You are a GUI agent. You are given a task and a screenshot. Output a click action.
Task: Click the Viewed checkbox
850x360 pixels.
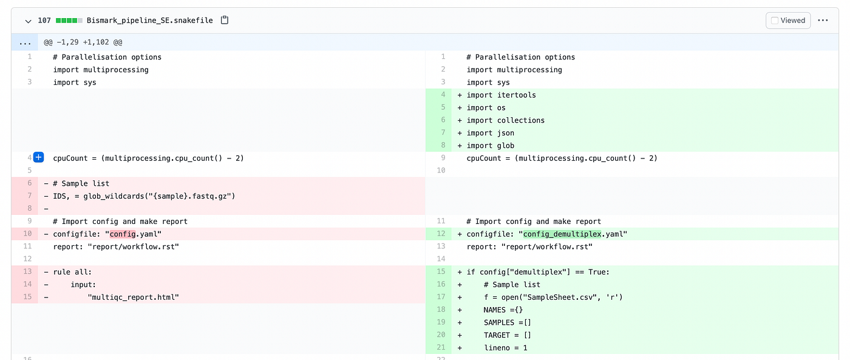tap(775, 21)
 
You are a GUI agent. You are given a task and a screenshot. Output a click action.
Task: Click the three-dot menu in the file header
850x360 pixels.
tap(823, 21)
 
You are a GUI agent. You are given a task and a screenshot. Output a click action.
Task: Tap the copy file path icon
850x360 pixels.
tap(225, 20)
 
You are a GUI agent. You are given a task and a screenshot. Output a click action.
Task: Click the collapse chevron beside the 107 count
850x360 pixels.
tap(28, 21)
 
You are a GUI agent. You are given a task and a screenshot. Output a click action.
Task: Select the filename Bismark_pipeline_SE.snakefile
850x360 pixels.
tap(150, 21)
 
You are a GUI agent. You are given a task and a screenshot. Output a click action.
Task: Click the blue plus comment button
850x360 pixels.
tap(39, 157)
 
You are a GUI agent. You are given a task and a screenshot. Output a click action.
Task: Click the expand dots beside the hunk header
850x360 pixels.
tap(25, 42)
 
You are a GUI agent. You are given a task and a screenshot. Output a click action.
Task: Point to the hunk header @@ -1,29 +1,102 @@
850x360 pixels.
tap(83, 42)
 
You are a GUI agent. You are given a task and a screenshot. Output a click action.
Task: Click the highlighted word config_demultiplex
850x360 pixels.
tap(562, 234)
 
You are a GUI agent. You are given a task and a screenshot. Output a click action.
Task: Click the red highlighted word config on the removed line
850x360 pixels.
tap(123, 234)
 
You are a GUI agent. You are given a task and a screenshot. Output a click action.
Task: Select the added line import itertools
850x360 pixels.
tap(501, 95)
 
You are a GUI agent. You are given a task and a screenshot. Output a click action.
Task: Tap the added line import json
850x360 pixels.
tap(491, 133)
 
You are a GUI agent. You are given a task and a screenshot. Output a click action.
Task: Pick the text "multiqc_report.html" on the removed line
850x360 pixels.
tap(133, 297)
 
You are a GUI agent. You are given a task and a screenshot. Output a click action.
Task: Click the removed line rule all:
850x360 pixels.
tap(72, 272)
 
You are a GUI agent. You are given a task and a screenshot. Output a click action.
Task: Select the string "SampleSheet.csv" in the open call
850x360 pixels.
tap(559, 297)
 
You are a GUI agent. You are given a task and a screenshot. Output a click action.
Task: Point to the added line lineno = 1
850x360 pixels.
tap(505, 348)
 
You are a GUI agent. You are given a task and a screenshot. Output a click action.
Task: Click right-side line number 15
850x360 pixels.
tap(441, 271)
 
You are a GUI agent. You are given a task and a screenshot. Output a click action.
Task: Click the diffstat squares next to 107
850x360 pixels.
tap(69, 21)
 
